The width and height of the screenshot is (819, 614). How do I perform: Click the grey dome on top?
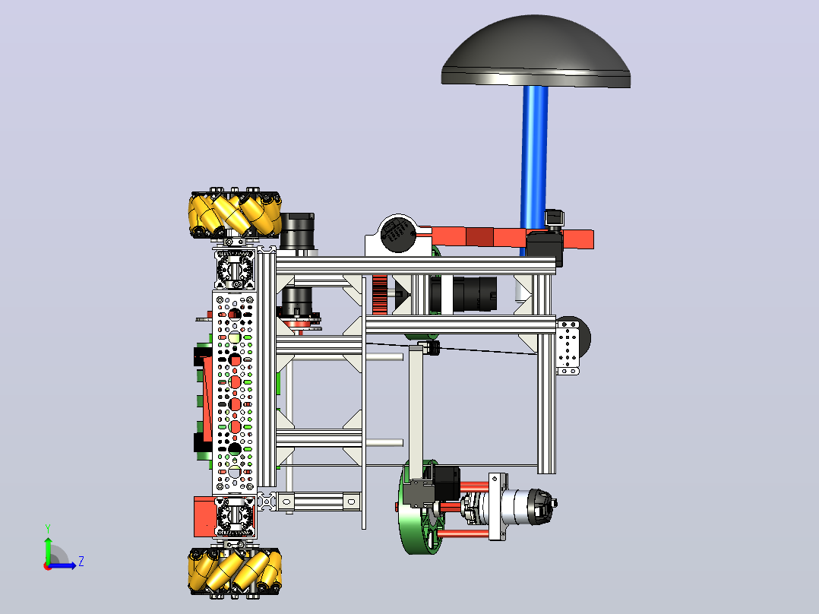coord(536,52)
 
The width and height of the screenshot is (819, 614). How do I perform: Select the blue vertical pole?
coord(534,167)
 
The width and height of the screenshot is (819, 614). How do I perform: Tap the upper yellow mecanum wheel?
coord(235,214)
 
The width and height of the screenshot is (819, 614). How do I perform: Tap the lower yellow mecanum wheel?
coord(235,571)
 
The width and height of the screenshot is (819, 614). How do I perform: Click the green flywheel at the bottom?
coord(421,507)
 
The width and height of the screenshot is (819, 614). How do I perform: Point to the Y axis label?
coord(48,529)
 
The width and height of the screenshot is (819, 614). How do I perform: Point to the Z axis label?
coord(81,562)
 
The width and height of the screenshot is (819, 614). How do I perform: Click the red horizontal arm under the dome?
coord(509,237)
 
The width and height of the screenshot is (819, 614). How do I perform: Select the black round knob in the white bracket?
coord(398,235)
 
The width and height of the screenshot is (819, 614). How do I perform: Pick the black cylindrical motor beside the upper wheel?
coord(297,231)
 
